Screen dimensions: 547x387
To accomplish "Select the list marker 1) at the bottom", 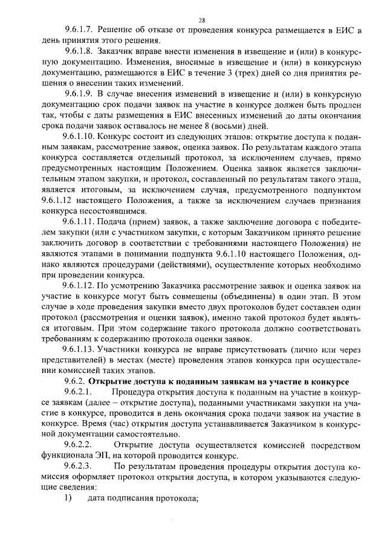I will (x=68, y=498).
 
